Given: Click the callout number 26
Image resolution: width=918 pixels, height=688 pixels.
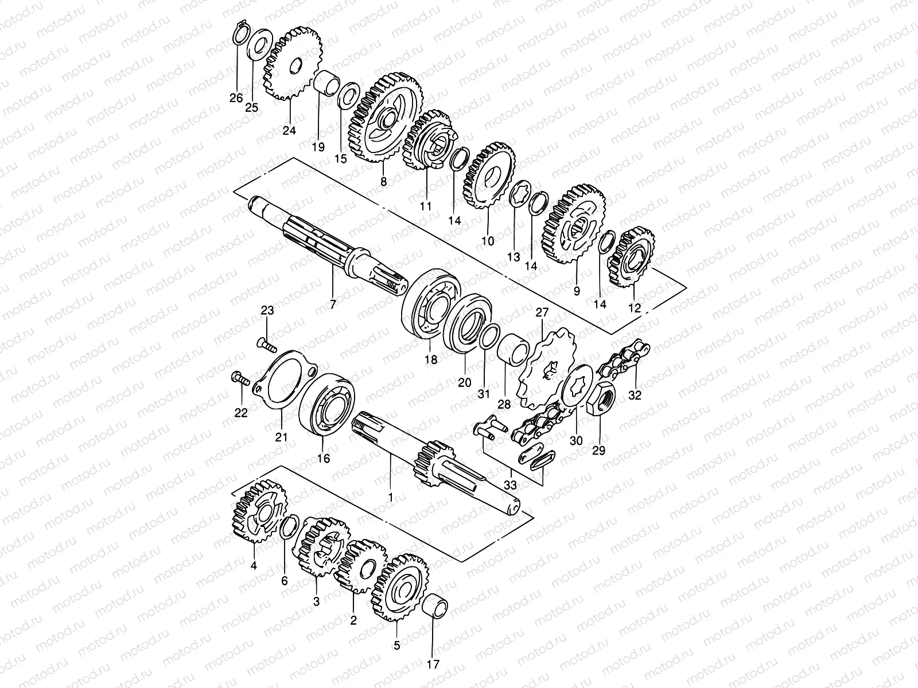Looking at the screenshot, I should [236, 98].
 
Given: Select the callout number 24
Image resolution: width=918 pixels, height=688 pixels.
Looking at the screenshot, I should [289, 131].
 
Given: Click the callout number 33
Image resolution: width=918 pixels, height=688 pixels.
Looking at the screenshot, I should [510, 485].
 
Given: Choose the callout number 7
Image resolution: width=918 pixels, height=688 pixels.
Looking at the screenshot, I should [333, 304].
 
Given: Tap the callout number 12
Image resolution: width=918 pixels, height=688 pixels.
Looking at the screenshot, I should [634, 308].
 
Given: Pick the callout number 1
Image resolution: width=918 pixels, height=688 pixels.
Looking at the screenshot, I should [390, 497].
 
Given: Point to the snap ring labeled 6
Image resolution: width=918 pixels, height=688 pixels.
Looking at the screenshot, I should [289, 528].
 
